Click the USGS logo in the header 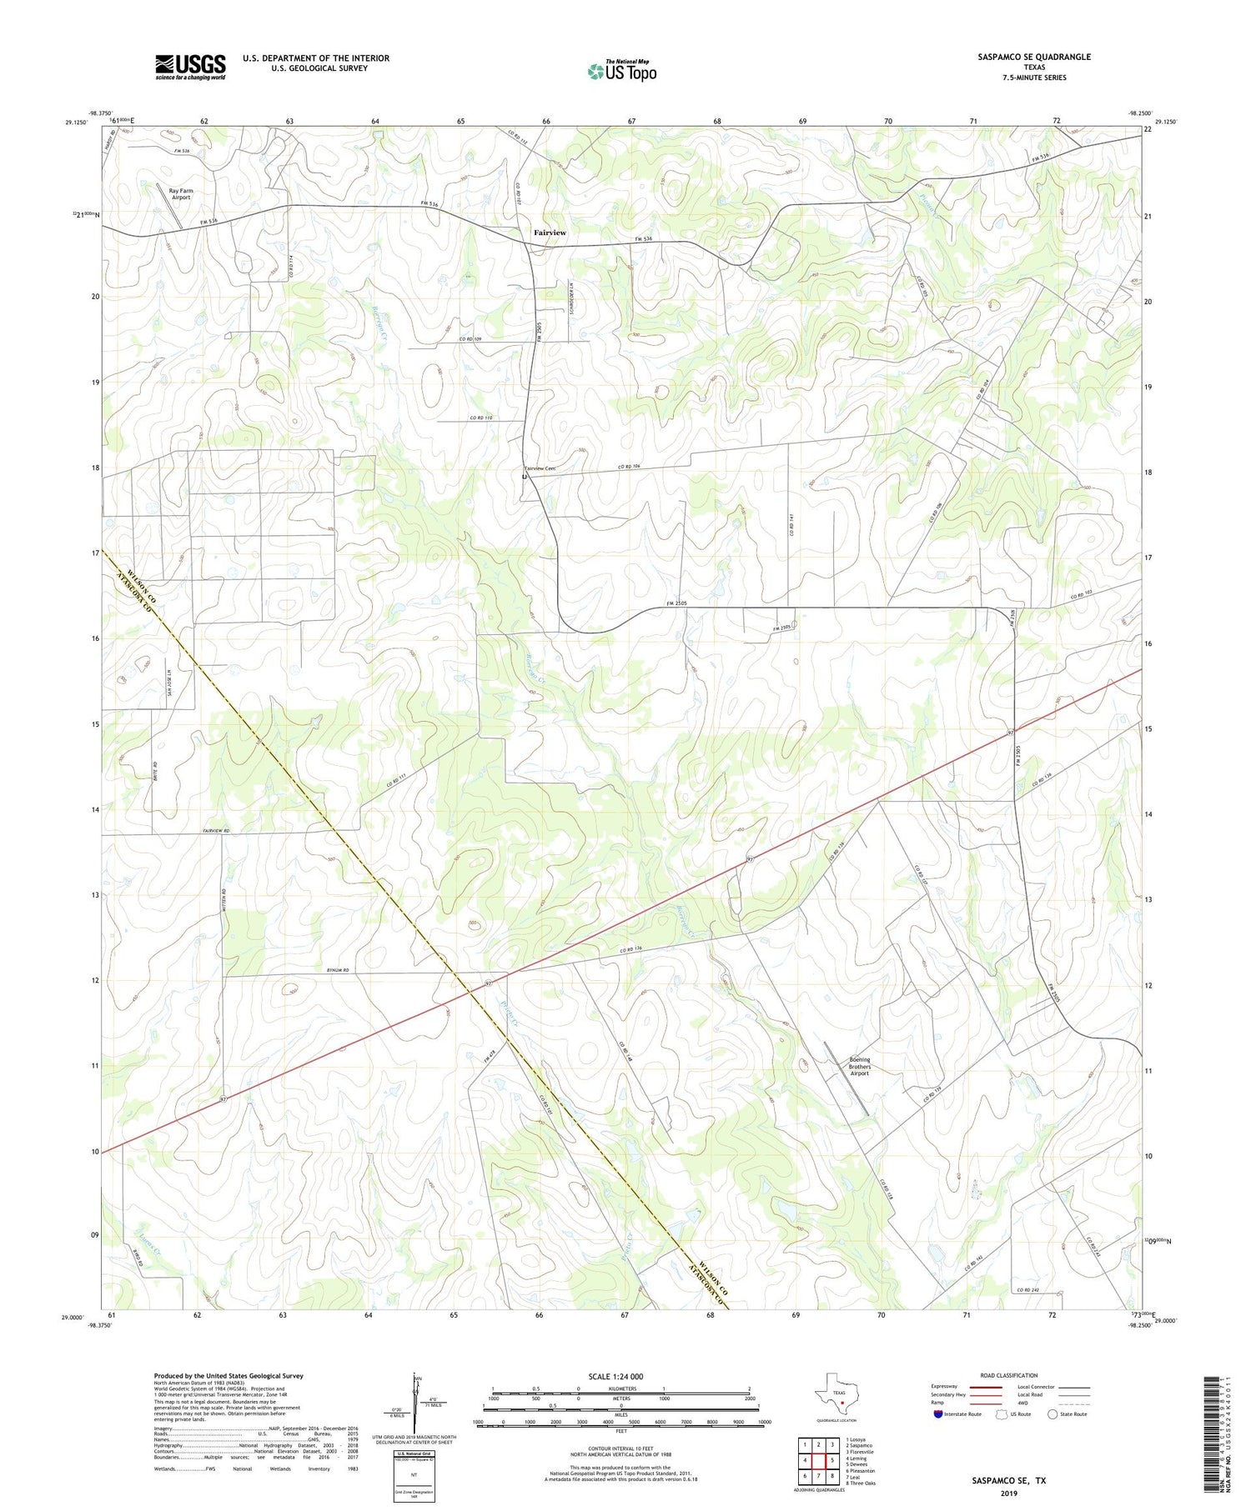tap(189, 67)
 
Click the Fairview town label tap(550, 233)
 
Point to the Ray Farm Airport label tap(180, 194)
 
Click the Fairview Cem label tap(540, 469)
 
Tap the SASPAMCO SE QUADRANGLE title tap(1034, 57)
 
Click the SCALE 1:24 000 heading tap(620, 1376)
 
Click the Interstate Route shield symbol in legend tap(938, 1414)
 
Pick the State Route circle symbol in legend tap(1053, 1414)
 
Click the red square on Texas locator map tap(842, 1403)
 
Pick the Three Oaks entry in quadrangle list tap(862, 1483)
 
